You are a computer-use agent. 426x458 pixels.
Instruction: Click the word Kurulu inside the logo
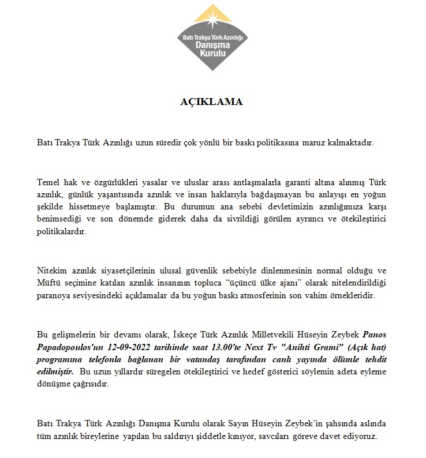(212, 53)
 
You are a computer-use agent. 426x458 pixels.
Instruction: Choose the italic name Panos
(374, 334)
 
